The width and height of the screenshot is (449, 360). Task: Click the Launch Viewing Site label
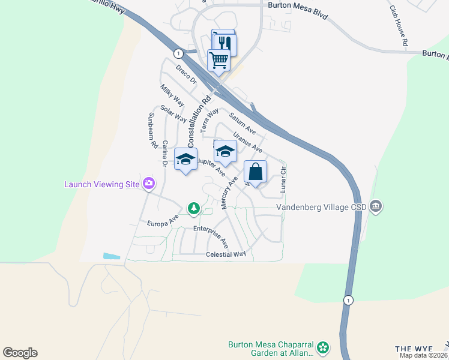[x=102, y=184]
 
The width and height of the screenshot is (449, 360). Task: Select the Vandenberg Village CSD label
[x=322, y=208]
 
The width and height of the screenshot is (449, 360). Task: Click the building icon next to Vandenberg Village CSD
[x=376, y=207]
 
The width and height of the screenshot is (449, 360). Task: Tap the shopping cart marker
[x=219, y=60]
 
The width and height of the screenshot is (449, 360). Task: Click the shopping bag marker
[x=255, y=172]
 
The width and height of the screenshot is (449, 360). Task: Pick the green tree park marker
[x=193, y=208]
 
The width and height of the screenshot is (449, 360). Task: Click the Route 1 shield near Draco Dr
[x=178, y=53]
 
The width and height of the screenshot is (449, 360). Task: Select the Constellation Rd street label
[x=199, y=122]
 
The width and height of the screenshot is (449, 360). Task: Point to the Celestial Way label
[x=226, y=254]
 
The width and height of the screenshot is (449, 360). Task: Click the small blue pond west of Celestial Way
[x=112, y=256]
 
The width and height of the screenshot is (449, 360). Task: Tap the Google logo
[x=20, y=353]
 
